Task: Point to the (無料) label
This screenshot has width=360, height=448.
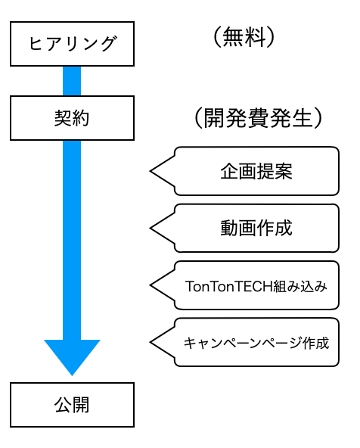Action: (244, 37)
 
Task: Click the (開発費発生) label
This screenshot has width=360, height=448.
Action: (258, 118)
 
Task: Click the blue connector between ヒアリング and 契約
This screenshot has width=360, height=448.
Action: (72, 81)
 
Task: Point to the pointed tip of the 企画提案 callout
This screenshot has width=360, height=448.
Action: (151, 171)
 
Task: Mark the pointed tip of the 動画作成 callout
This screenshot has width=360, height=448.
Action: (151, 228)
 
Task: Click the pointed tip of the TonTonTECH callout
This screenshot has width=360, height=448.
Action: (151, 285)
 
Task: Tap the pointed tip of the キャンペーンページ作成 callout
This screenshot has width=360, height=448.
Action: (151, 342)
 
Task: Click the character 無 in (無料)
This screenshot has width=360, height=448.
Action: (233, 37)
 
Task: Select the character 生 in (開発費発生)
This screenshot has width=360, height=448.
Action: (303, 118)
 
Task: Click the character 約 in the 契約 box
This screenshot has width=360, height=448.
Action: (81, 118)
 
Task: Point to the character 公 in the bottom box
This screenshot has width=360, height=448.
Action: (63, 405)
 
